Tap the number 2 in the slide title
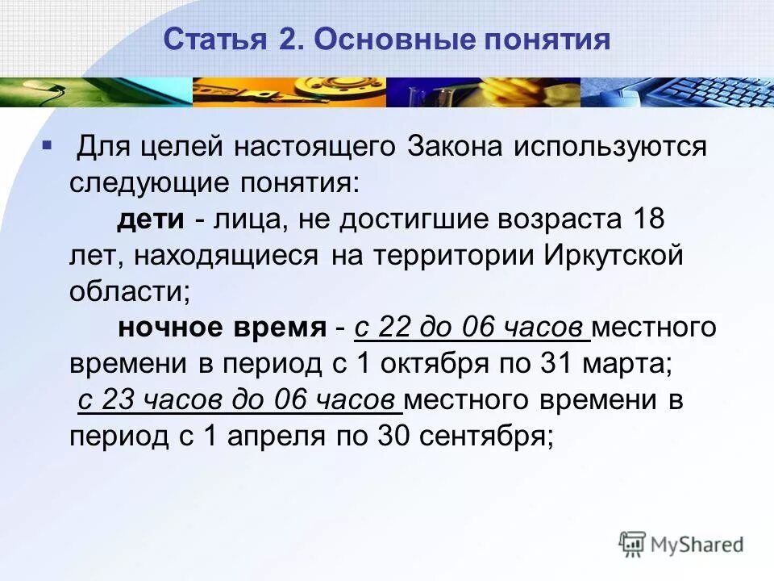click(285, 39)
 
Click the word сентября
click(485, 437)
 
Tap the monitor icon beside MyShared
click(633, 542)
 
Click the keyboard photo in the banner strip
click(677, 92)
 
